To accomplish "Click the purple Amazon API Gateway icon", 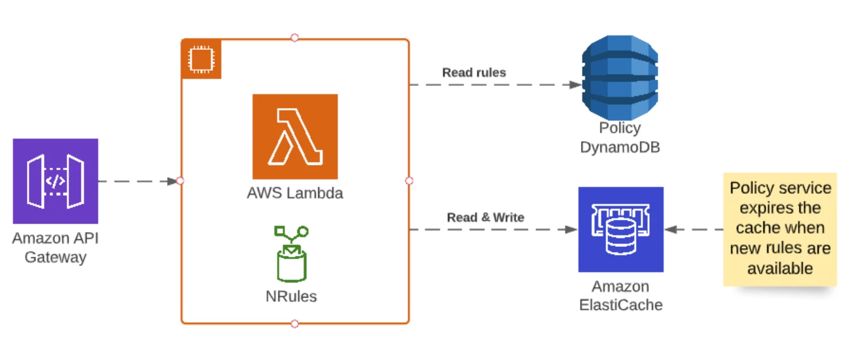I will pyautogui.click(x=56, y=181).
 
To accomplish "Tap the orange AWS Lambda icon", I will pyautogui.click(x=295, y=136).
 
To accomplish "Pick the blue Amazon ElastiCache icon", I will pyautogui.click(x=621, y=229).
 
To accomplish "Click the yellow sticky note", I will pyautogui.click(x=780, y=229).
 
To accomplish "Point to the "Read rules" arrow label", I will pyautogui.click(x=474, y=73).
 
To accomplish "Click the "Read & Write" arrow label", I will pyautogui.click(x=486, y=217).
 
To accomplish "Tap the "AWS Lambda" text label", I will pyautogui.click(x=295, y=193).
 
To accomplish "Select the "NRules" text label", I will pyautogui.click(x=291, y=296).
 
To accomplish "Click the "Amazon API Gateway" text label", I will pyautogui.click(x=56, y=248).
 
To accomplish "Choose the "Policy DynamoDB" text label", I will pyautogui.click(x=619, y=138).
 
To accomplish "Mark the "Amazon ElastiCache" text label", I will pyautogui.click(x=621, y=296).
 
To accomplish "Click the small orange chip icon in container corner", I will pyautogui.click(x=201, y=59).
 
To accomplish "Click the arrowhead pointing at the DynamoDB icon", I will pyautogui.click(x=575, y=85).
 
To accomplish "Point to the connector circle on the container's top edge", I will pyautogui.click(x=294, y=38).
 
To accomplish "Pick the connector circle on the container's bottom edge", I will pyautogui.click(x=294, y=324).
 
